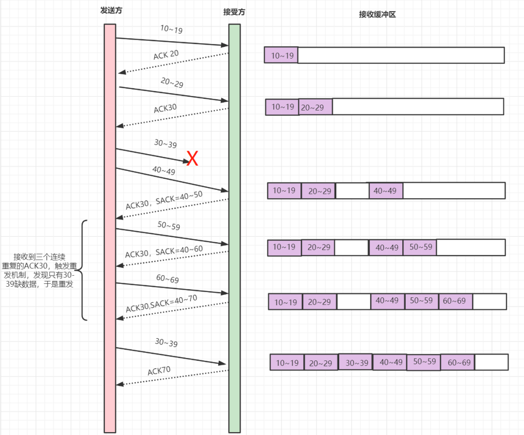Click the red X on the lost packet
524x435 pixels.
(x=193, y=158)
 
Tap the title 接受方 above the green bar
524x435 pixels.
(x=234, y=12)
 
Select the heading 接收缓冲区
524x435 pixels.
(x=377, y=15)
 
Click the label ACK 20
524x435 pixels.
(x=166, y=55)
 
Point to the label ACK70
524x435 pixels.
(x=159, y=371)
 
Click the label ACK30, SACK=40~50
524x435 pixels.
(x=164, y=200)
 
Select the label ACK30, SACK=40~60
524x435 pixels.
(x=164, y=251)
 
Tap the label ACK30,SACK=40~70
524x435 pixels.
(x=162, y=303)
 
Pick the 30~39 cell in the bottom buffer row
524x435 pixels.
(x=356, y=362)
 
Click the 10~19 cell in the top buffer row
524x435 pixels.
(x=281, y=55)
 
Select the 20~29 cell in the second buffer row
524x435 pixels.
(x=315, y=107)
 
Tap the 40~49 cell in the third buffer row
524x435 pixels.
(x=385, y=191)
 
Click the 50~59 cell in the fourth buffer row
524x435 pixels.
(x=420, y=247)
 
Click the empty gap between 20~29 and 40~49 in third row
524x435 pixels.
(x=352, y=191)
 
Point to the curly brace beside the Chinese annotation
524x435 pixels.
(x=83, y=270)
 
